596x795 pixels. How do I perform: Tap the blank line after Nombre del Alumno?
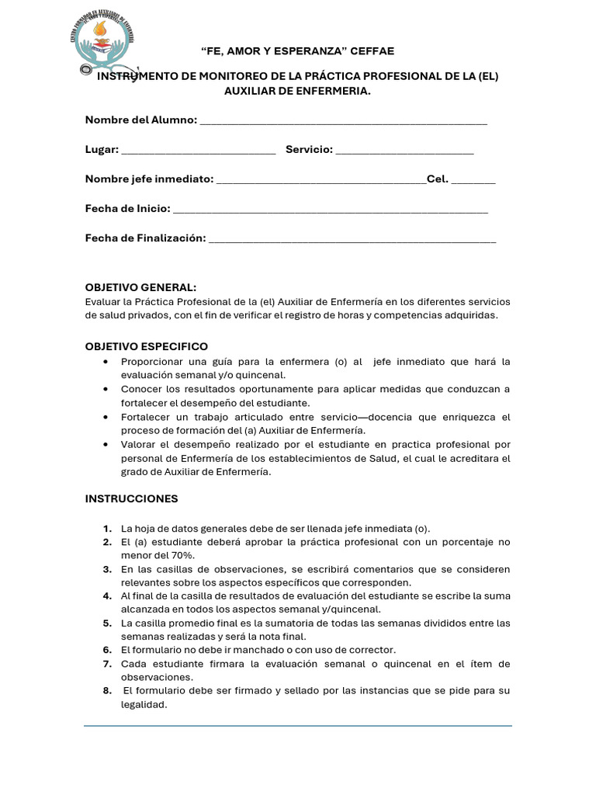[x=343, y=122]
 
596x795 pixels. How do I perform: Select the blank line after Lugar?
[x=199, y=151]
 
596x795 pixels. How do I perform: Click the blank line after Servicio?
[x=404, y=151]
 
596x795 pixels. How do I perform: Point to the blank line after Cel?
[x=473, y=181]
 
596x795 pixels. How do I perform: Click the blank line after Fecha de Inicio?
[x=330, y=210]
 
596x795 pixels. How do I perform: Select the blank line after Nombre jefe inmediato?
[x=321, y=181]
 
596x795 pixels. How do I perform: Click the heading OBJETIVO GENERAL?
[x=140, y=287]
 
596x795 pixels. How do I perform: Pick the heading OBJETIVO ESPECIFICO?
[x=146, y=346]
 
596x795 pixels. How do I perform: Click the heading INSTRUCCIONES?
[x=131, y=498]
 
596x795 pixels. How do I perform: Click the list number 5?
[x=107, y=623]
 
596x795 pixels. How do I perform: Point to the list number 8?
[x=107, y=690]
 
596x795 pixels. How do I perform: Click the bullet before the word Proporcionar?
[x=106, y=362]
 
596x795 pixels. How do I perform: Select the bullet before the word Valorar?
[x=106, y=445]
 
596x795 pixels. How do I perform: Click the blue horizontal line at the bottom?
[x=298, y=726]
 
